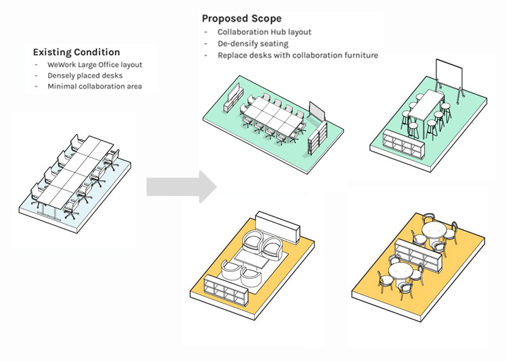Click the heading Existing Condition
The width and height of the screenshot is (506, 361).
click(76, 52)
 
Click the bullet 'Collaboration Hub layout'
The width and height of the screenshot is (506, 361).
click(264, 32)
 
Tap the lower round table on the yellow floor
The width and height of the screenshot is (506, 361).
click(400, 272)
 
